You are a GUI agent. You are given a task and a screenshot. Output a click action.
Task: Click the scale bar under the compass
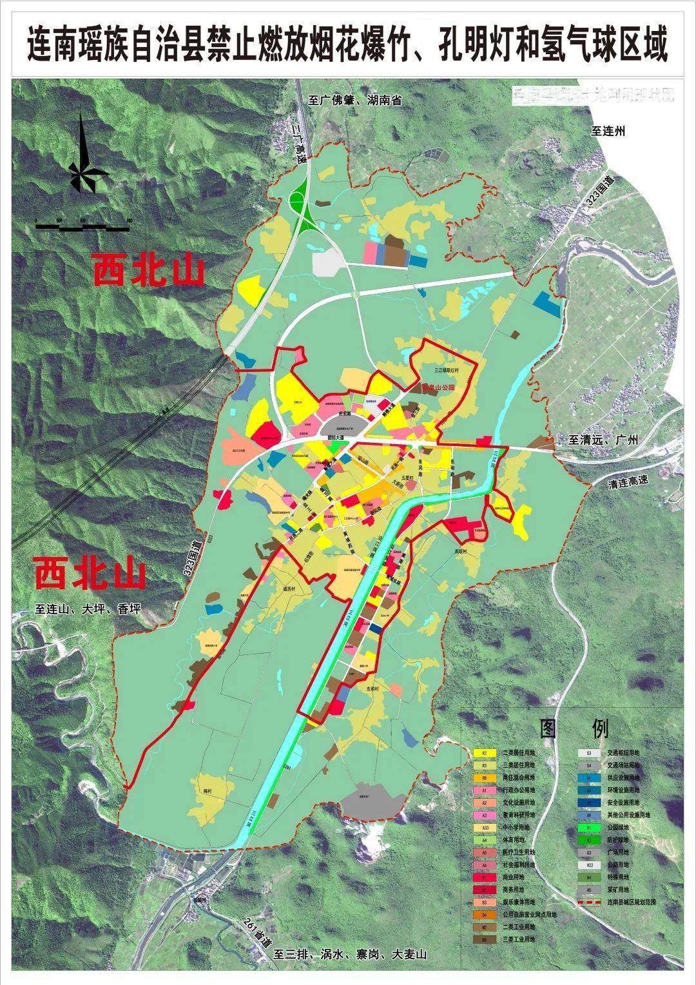click(83, 226)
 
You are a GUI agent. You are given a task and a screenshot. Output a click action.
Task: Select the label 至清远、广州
click(603, 440)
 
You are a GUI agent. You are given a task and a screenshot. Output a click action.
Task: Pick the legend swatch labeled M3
click(485, 939)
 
